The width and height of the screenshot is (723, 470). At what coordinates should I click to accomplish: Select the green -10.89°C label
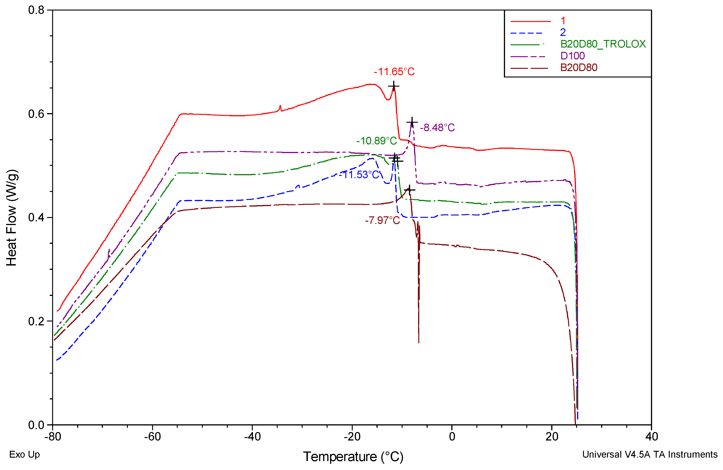376,141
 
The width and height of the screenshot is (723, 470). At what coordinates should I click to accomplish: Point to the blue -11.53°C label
361,175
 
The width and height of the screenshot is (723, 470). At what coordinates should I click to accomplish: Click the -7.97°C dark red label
382,220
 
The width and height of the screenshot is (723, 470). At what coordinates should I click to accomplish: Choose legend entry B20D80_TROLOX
603,44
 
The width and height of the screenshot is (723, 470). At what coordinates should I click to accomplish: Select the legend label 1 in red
563,21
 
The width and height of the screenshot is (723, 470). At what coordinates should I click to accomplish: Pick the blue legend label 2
563,32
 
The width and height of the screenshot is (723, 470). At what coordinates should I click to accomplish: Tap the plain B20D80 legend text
578,67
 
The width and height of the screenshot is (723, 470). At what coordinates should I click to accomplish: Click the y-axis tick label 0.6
36,114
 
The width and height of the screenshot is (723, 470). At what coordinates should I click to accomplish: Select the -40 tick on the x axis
253,437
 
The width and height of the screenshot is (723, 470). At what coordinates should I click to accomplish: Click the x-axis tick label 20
552,437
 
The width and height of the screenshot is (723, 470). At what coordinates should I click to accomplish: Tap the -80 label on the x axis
53,437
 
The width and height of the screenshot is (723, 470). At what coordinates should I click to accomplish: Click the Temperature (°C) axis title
353,457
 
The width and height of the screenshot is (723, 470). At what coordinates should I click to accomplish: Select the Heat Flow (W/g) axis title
11,218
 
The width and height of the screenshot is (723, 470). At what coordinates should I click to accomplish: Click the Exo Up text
24,454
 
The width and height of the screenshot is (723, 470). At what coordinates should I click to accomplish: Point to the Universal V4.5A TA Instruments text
650,454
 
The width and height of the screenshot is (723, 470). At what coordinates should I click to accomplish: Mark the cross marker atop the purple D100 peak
412,122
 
